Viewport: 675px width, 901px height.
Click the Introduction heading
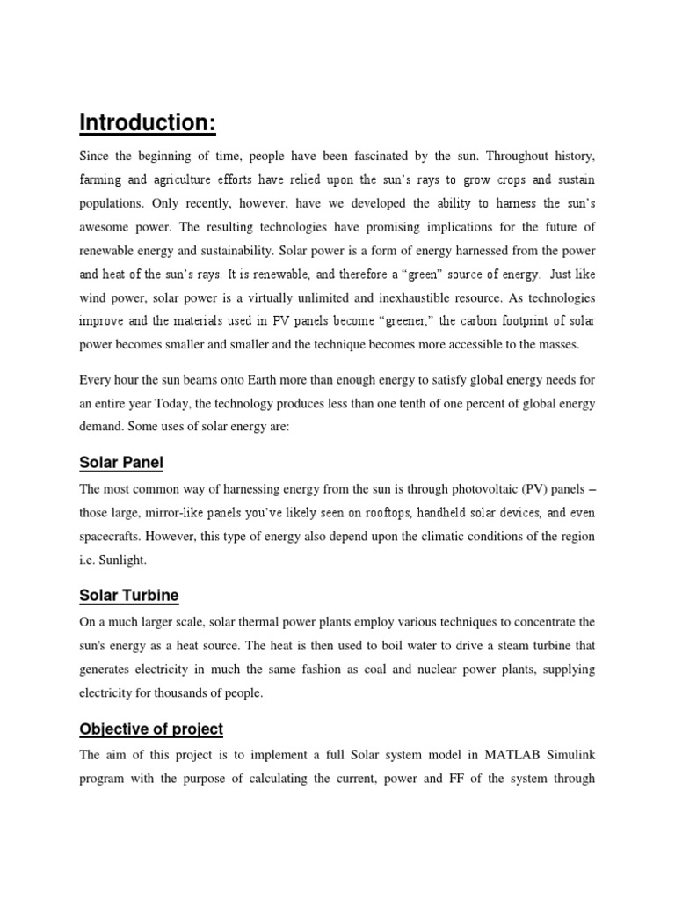click(148, 123)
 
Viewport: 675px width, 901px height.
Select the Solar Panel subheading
click(121, 463)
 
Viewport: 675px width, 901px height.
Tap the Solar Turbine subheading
click(128, 596)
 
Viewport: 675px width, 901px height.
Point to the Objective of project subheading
click(151, 729)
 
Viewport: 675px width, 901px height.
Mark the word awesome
click(105, 227)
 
